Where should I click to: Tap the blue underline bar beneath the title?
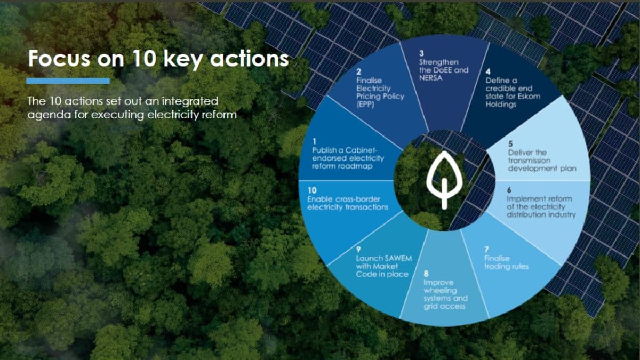click(x=68, y=81)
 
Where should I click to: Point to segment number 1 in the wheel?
click(x=315, y=142)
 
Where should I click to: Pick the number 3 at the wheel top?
click(x=421, y=53)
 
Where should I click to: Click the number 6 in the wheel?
click(x=509, y=190)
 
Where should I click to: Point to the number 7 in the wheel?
click(x=486, y=250)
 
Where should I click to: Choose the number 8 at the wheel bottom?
click(x=426, y=274)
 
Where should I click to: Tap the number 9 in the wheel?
click(x=358, y=249)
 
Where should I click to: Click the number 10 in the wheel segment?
click(x=313, y=190)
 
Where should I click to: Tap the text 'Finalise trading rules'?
click(x=499, y=262)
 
